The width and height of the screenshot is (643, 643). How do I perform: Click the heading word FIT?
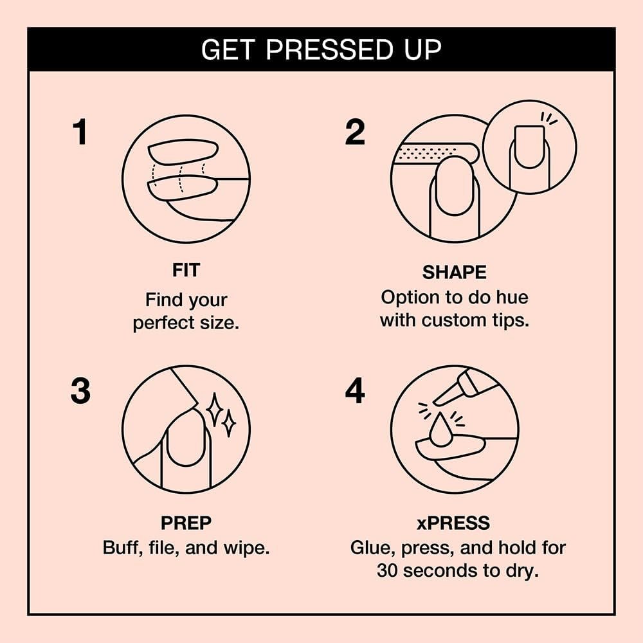[185, 271]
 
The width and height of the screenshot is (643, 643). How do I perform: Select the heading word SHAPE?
[454, 273]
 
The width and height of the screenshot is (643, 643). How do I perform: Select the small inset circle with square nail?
[529, 148]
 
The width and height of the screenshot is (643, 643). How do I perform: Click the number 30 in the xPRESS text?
[388, 570]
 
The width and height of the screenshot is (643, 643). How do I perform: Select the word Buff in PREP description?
[120, 548]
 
